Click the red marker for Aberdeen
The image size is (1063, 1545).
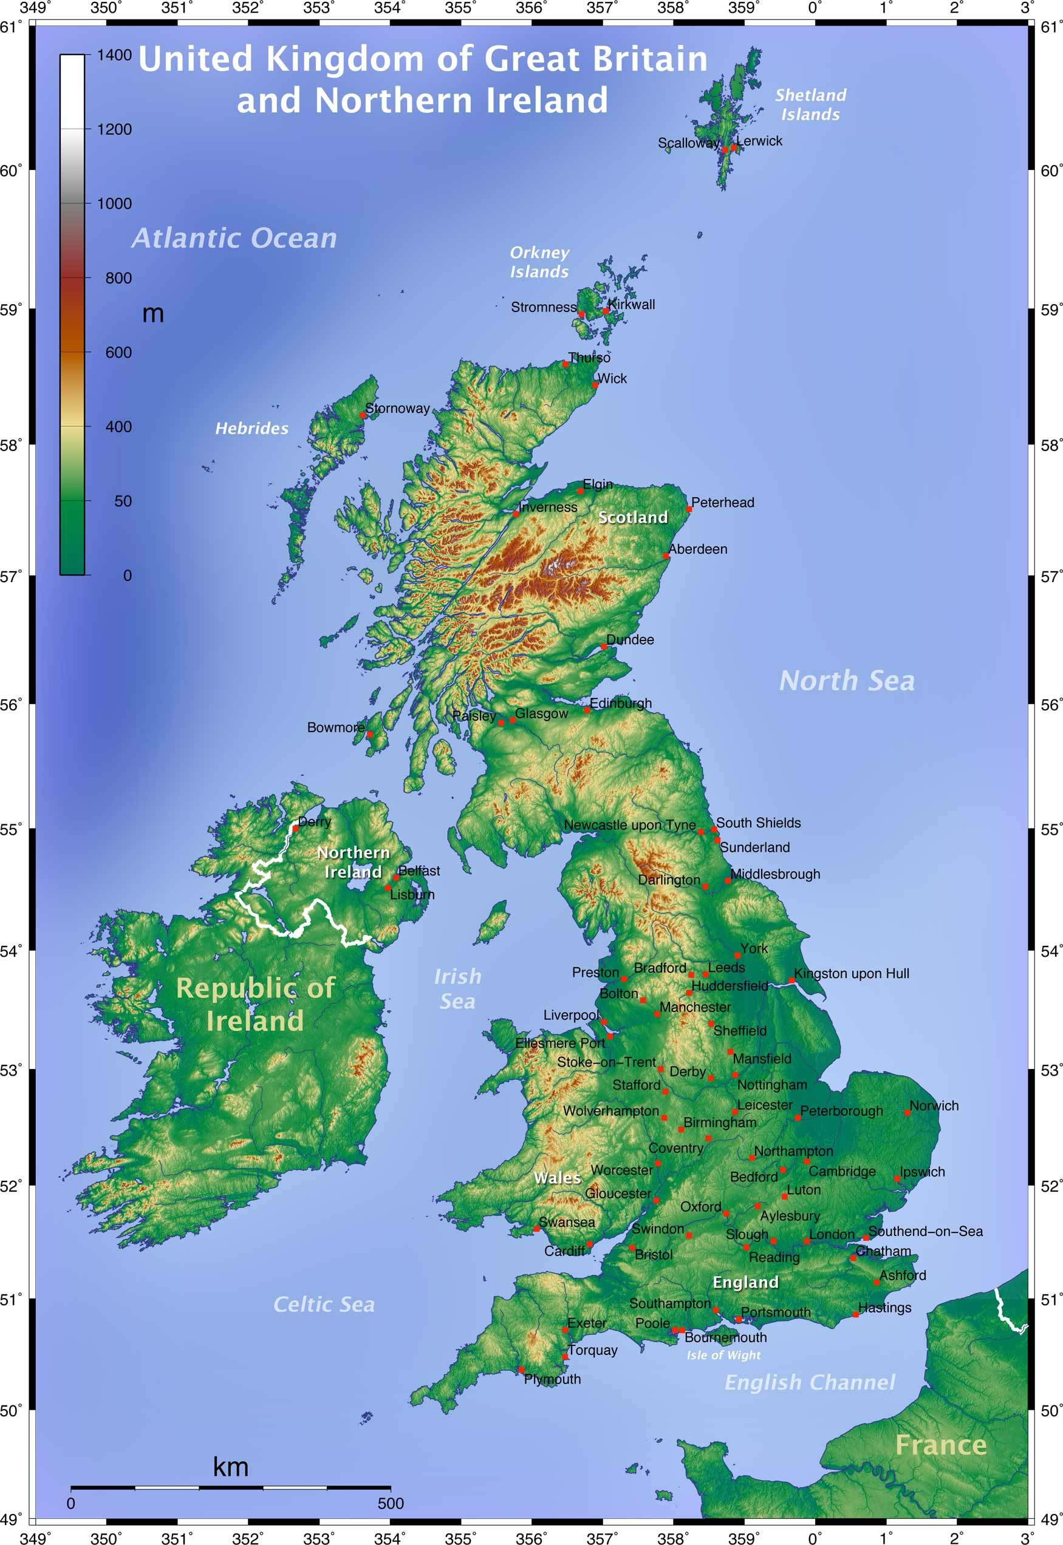click(x=665, y=556)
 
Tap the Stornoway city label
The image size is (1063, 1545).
click(x=398, y=408)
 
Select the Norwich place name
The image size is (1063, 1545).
click(x=934, y=1105)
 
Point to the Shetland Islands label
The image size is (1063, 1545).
click(x=810, y=104)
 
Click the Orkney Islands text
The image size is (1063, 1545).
click(x=539, y=262)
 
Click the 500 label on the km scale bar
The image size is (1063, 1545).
click(x=391, y=1503)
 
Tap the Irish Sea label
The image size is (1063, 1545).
click(x=457, y=988)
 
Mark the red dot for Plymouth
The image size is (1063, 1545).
click(x=521, y=1370)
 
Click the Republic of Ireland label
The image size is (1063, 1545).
click(x=255, y=1004)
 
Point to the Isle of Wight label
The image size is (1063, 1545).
click(x=723, y=1355)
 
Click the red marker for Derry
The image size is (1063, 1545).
click(x=295, y=828)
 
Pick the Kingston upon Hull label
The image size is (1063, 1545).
click(x=851, y=973)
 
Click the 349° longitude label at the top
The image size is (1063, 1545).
click(x=35, y=8)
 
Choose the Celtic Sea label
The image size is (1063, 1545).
click(x=324, y=1304)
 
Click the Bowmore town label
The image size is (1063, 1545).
click(x=336, y=727)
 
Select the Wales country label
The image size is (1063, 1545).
click(x=557, y=1178)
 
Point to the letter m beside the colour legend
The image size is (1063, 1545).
click(x=152, y=313)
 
